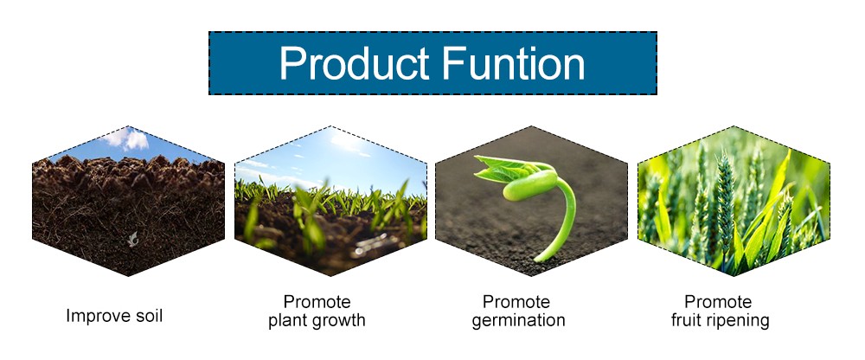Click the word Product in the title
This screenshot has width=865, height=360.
point(354,63)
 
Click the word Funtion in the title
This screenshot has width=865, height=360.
point(513,63)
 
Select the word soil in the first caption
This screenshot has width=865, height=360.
point(149,316)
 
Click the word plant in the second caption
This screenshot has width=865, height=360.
point(290,321)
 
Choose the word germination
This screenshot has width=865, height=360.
point(518,321)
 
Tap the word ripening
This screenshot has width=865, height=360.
point(736,321)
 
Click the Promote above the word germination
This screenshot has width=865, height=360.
point(516,302)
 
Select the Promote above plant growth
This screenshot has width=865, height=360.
point(317,302)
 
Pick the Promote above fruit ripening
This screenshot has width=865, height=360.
point(718,302)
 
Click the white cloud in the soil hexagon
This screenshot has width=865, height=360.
point(129,138)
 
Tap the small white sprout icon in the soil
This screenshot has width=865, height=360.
point(132,239)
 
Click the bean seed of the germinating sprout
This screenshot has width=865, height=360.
point(530,185)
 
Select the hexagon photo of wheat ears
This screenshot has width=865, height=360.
point(734,201)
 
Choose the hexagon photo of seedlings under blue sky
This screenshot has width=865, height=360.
point(330,201)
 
